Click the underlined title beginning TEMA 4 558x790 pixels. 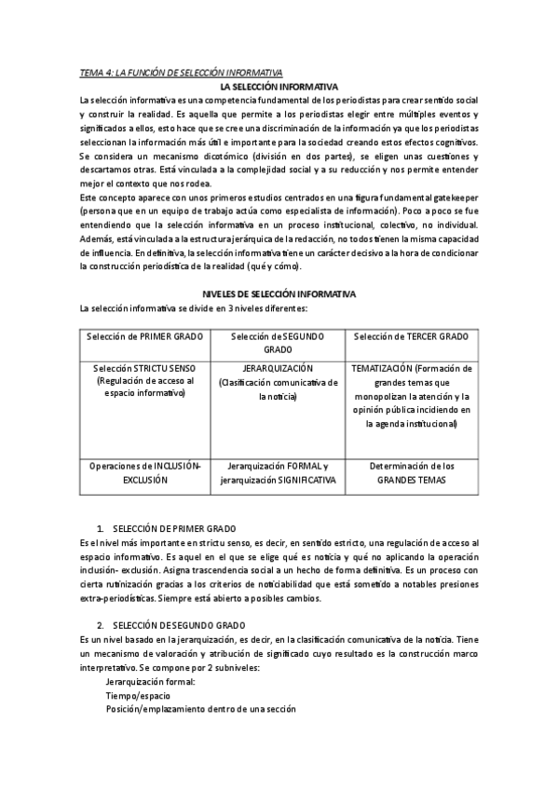[x=181, y=73]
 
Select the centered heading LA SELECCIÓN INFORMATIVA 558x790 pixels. [x=279, y=86]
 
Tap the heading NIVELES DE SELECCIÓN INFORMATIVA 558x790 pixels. [x=279, y=294]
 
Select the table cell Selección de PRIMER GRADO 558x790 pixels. [x=143, y=335]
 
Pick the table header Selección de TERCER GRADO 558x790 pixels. [x=411, y=335]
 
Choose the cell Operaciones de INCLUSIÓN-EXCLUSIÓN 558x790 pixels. [x=143, y=472]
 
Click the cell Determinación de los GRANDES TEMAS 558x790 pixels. [x=411, y=472]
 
